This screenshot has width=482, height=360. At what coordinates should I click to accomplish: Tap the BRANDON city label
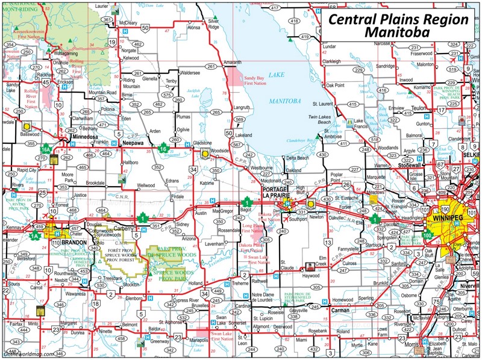tap(74, 242)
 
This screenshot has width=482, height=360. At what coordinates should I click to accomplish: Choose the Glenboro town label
tap(134, 297)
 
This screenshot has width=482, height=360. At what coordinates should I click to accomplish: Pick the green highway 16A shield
tap(46, 148)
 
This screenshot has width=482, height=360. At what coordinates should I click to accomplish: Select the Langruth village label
tap(241, 108)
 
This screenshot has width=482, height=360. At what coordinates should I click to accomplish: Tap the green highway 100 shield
tap(427, 235)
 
